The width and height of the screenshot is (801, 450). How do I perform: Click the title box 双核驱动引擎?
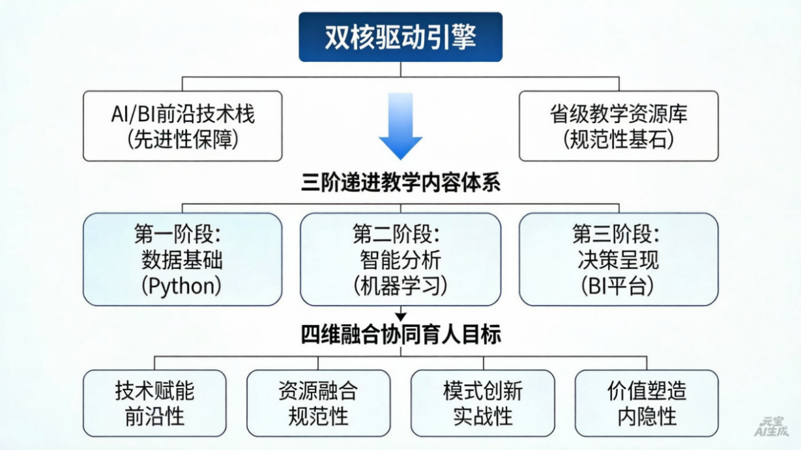pyautogui.click(x=400, y=37)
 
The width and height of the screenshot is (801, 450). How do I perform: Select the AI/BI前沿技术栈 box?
pyautogui.click(x=182, y=126)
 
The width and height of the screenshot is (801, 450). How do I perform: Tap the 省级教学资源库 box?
pyautogui.click(x=619, y=126)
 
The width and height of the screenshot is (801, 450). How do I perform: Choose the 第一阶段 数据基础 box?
pyautogui.click(x=182, y=259)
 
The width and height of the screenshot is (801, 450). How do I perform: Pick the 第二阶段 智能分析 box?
pyautogui.click(x=400, y=259)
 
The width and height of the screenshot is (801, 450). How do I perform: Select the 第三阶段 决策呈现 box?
pyautogui.click(x=619, y=259)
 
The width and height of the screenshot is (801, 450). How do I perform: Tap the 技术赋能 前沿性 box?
pyautogui.click(x=154, y=403)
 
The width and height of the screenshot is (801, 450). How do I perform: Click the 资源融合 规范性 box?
pyautogui.click(x=318, y=403)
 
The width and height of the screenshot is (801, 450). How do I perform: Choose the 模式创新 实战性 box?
pyautogui.click(x=482, y=403)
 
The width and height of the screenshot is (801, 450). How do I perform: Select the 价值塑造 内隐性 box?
pyautogui.click(x=647, y=403)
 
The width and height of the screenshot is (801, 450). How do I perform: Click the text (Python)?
pyautogui.click(x=182, y=285)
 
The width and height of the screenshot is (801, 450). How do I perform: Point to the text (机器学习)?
pyautogui.click(x=400, y=285)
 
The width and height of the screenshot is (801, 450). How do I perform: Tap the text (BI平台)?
pyautogui.click(x=619, y=285)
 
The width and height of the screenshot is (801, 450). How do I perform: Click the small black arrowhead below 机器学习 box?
pyautogui.click(x=400, y=316)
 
